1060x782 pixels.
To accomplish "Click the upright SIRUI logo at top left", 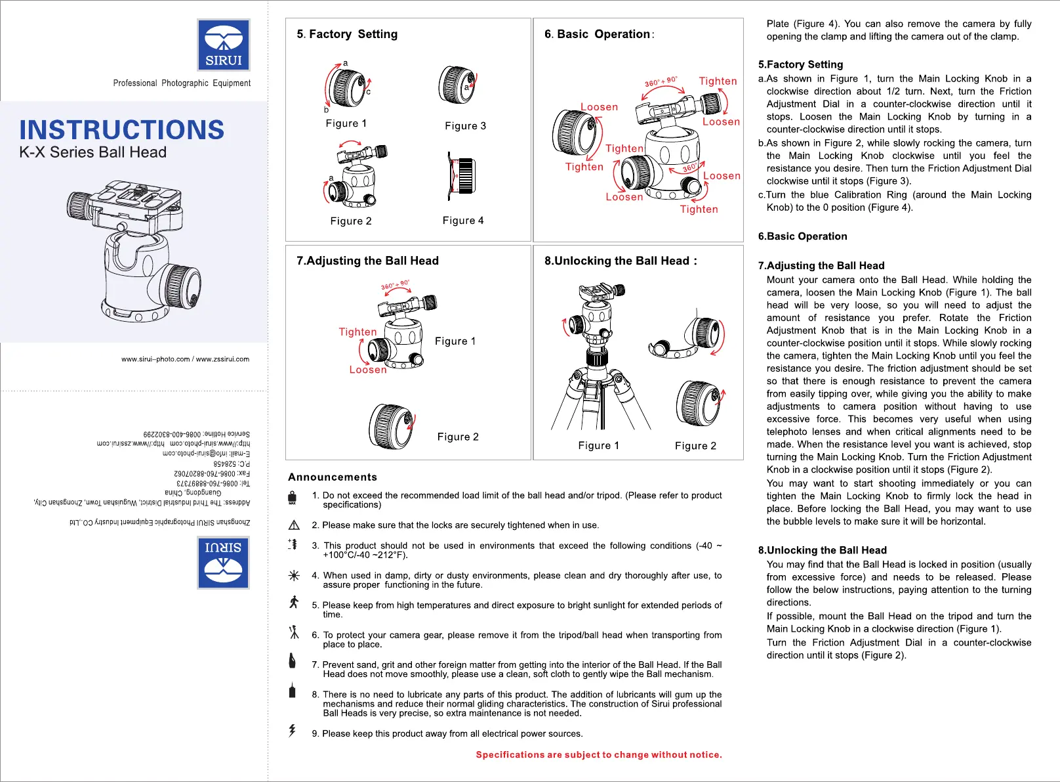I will click(224, 45).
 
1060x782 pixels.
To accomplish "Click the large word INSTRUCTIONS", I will click(122, 130).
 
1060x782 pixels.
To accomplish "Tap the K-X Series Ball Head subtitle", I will click(93, 152).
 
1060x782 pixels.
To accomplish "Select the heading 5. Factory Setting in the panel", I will click(347, 34).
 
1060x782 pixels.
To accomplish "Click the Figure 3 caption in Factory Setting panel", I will click(465, 126).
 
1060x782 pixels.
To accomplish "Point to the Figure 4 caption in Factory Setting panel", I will click(463, 221).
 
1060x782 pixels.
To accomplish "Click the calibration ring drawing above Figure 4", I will click(461, 177).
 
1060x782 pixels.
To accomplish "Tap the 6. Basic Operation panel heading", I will click(598, 34).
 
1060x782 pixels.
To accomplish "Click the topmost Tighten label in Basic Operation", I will click(718, 81).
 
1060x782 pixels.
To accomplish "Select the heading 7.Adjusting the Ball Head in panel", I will click(367, 261).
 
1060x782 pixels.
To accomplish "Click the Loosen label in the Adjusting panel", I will click(367, 370).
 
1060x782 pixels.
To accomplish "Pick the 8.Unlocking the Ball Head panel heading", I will click(620, 261).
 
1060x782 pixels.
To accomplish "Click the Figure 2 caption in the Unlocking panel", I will click(695, 446).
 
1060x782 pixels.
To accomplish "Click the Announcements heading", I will click(333, 477).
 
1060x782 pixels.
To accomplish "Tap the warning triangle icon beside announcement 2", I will click(294, 525).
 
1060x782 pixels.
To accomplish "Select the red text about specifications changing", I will click(598, 755).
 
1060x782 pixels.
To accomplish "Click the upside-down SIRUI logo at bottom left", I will click(224, 563).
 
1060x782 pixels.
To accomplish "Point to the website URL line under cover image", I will click(185, 359).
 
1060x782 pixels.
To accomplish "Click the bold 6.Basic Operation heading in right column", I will click(802, 236).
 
